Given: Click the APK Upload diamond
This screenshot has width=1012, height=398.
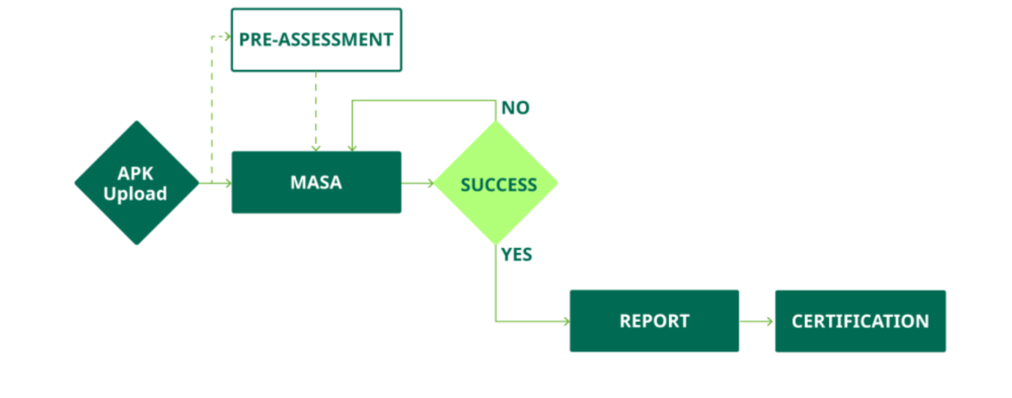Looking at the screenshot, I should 137,183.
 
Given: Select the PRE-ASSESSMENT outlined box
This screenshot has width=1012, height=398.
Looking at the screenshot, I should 316,40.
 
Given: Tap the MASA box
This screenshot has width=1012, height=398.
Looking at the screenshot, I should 316,182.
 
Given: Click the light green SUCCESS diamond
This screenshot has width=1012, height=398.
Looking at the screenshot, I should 496,184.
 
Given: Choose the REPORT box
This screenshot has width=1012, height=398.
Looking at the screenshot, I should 654,321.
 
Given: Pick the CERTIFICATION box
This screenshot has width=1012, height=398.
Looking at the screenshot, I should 860,321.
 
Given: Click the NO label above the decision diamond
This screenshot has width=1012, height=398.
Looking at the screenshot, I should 515,108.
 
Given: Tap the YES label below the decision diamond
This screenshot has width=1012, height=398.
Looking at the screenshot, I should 516,255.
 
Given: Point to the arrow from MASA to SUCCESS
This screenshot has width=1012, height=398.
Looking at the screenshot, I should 418,183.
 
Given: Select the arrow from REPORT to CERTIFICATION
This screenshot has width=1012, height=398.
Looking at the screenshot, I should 756,321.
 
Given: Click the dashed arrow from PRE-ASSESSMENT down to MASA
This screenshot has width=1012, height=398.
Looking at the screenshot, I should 316,112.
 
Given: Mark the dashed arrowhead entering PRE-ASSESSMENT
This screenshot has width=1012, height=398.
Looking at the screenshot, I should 227,36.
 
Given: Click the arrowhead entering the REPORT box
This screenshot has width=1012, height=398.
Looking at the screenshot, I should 566,321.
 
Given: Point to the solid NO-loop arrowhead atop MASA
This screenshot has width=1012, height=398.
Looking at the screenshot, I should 351,148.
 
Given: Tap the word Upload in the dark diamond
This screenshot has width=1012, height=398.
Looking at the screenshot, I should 135,194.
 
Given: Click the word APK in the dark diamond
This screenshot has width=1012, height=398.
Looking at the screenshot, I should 135,173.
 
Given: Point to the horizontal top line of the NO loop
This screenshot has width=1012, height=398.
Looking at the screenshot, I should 422,100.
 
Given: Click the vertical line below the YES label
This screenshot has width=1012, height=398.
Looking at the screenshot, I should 496,291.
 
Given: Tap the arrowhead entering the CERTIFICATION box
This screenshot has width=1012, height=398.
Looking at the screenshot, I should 771,321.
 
